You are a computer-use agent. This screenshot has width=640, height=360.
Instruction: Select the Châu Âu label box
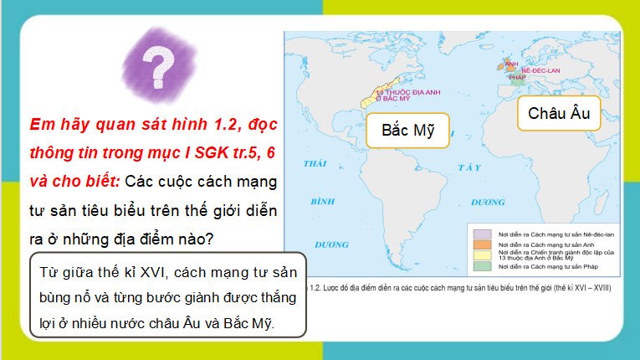click(559, 114)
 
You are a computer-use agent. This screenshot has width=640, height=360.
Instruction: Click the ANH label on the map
click(513, 63)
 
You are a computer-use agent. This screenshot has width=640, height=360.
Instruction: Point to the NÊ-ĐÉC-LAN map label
click(540, 70)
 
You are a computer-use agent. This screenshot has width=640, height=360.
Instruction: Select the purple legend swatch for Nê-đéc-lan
click(482, 234)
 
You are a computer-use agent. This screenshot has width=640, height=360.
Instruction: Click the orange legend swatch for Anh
click(482, 244)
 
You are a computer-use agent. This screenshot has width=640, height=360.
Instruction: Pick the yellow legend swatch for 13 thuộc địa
click(482, 255)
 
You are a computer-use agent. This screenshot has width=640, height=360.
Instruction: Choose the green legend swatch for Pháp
click(482, 266)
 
